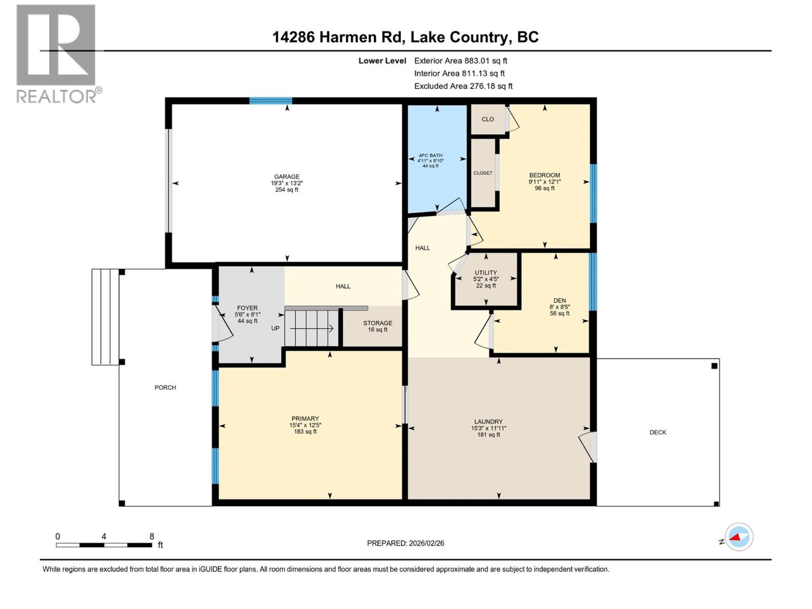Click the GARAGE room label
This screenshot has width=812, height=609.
point(287,177)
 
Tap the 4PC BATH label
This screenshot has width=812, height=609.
point(430,156)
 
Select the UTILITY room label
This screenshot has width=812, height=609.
point(486,273)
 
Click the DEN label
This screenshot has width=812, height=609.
point(559,300)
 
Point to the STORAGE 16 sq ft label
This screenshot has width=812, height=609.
point(378,326)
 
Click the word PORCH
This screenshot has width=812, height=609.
point(165,388)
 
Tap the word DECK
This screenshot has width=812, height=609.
point(658,432)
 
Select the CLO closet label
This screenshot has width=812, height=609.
point(488,119)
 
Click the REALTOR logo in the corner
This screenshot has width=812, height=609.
point(57,53)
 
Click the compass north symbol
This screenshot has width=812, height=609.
point(738,537)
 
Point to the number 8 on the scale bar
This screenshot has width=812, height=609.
point(152,536)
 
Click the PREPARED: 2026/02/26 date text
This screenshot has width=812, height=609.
point(405,543)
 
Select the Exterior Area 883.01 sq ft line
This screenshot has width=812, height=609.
point(460,61)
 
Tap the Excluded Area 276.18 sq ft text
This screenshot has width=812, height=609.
point(463,86)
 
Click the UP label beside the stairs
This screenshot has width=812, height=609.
point(275,328)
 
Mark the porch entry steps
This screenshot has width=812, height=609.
point(105,317)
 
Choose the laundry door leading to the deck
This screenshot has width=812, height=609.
point(589,447)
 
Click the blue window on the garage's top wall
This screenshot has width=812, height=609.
point(270,100)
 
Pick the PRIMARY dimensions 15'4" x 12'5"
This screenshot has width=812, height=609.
point(305,425)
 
